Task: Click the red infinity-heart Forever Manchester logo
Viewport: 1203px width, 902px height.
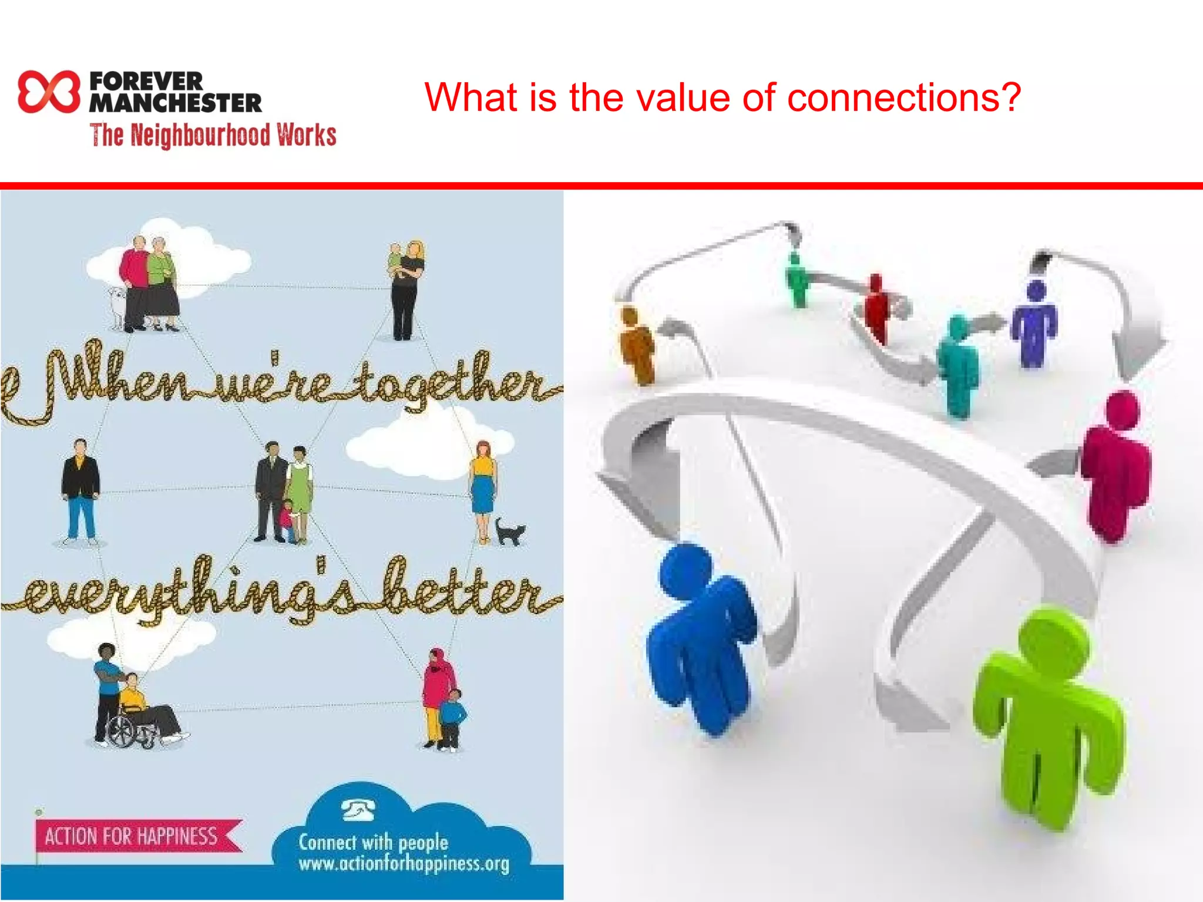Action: coord(48,92)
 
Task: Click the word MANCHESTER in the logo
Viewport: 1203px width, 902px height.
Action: coord(176,103)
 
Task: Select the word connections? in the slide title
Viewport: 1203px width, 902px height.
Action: coord(904,97)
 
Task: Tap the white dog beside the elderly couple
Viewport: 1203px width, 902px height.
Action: coord(118,305)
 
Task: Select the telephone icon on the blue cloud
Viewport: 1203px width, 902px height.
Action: coord(359,810)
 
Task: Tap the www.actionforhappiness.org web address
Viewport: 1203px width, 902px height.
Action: coord(404,864)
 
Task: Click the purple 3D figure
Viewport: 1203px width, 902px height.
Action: coord(1034,323)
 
